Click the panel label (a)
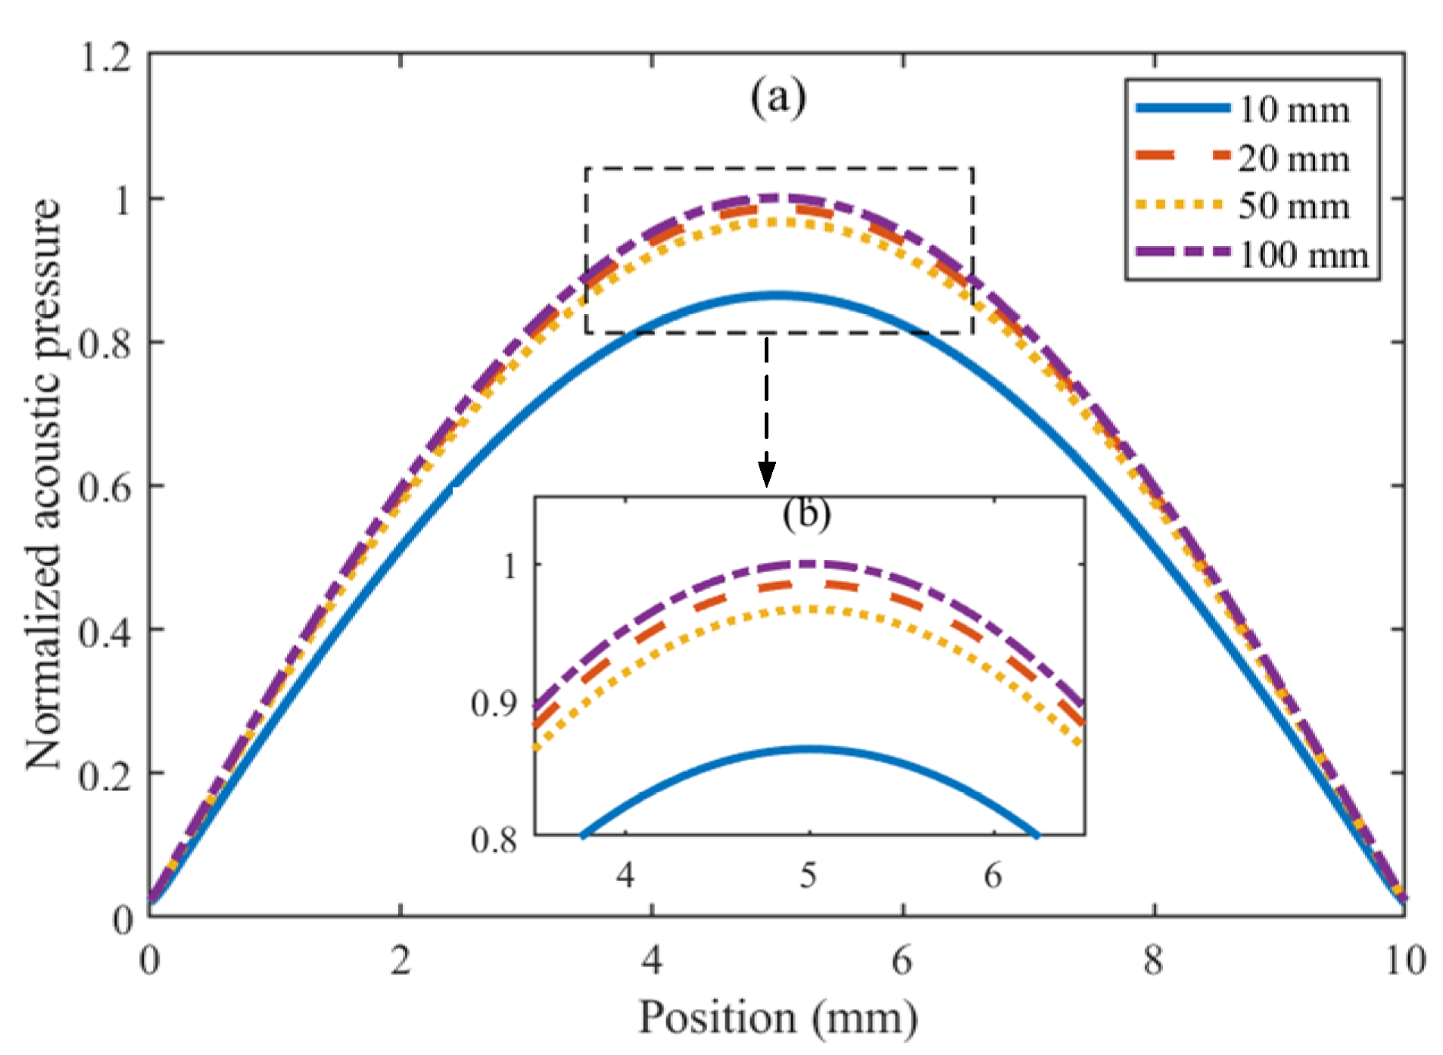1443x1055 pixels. pyautogui.click(x=778, y=97)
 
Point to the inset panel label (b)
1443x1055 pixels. pyautogui.click(x=806, y=513)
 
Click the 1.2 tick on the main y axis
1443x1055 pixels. pyautogui.click(x=106, y=57)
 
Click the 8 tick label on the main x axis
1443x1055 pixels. pyautogui.click(x=1153, y=960)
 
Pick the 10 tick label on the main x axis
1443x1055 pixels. pyautogui.click(x=1405, y=960)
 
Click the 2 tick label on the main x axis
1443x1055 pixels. pyautogui.click(x=400, y=960)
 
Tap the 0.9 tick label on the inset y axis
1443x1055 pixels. pyautogui.click(x=494, y=704)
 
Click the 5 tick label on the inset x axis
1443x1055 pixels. pyautogui.click(x=809, y=875)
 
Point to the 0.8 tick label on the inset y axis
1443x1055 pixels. pyautogui.click(x=494, y=839)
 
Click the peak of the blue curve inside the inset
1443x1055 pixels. pyautogui.click(x=809, y=748)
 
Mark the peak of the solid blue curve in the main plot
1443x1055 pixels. pyautogui.click(x=778, y=295)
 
